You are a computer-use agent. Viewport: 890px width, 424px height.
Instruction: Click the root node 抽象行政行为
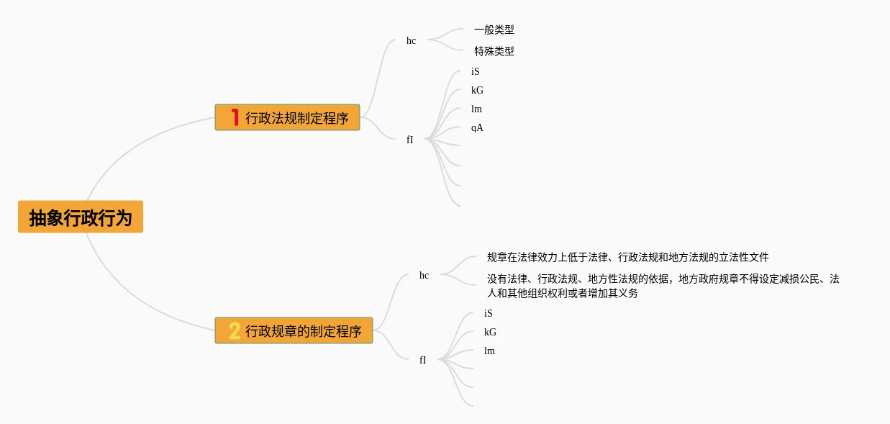(81, 217)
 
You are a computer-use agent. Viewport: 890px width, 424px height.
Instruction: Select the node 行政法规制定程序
(287, 117)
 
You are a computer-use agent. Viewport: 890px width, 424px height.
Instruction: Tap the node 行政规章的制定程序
(294, 331)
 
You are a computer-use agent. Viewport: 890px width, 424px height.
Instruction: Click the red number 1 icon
(235, 117)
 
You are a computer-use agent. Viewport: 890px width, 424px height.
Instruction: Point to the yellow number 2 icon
(235, 331)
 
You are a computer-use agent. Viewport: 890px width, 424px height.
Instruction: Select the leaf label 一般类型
(494, 30)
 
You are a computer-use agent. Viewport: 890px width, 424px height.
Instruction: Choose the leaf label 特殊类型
(494, 52)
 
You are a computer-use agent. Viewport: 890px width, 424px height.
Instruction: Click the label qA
(477, 128)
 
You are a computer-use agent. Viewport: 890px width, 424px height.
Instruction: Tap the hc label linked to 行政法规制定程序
(411, 41)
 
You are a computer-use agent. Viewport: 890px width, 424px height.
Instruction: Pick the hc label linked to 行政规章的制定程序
(424, 276)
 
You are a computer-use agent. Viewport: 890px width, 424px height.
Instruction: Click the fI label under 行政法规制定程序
(409, 140)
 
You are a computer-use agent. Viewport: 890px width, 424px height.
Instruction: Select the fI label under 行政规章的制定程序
(422, 361)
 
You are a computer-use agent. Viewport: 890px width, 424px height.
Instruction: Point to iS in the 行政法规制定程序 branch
(475, 72)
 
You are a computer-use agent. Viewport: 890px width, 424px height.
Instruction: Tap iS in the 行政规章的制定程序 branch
(488, 314)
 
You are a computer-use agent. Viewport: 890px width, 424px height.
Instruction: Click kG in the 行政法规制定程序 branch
(477, 91)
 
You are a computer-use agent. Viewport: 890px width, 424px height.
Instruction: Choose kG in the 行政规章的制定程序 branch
(490, 333)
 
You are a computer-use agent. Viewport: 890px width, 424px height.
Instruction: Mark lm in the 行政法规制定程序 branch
(476, 109)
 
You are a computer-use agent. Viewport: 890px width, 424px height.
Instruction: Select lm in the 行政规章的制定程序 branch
(489, 351)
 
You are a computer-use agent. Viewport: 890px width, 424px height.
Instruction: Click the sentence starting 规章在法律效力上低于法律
(627, 257)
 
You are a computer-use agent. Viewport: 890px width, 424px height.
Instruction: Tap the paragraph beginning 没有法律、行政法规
(663, 286)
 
